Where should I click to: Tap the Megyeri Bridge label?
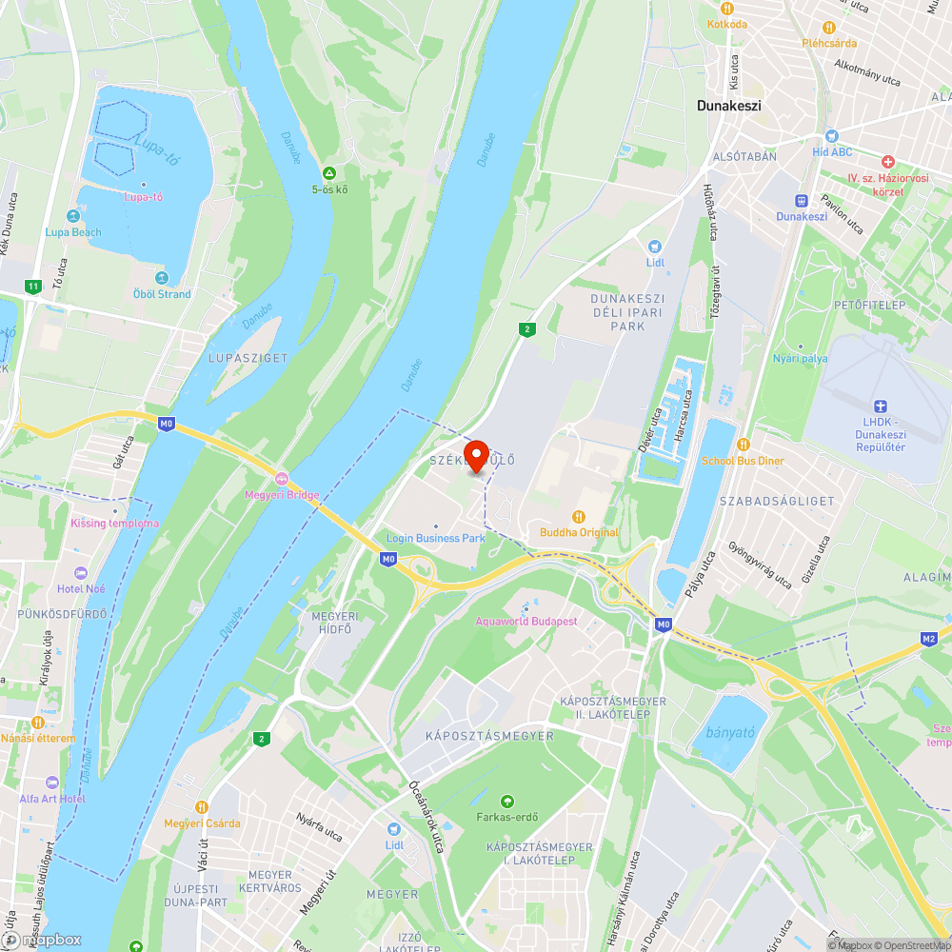[282, 495]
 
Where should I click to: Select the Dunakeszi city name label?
[728, 107]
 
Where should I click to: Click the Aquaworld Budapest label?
[526, 621]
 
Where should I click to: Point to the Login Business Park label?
[436, 538]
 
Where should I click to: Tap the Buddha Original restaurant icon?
[578, 517]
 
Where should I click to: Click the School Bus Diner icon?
[744, 445]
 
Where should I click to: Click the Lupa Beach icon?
[72, 217]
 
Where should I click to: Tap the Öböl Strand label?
[162, 293]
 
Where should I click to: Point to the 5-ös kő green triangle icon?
[329, 173]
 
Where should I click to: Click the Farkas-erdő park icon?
[506, 801]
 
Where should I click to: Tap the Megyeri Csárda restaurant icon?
[201, 807]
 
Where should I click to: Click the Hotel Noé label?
[82, 588]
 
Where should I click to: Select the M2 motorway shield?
[930, 639]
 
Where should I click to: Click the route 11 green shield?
[34, 287]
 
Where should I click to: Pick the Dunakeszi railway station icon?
[802, 201]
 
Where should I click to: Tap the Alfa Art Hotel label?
[52, 798]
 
